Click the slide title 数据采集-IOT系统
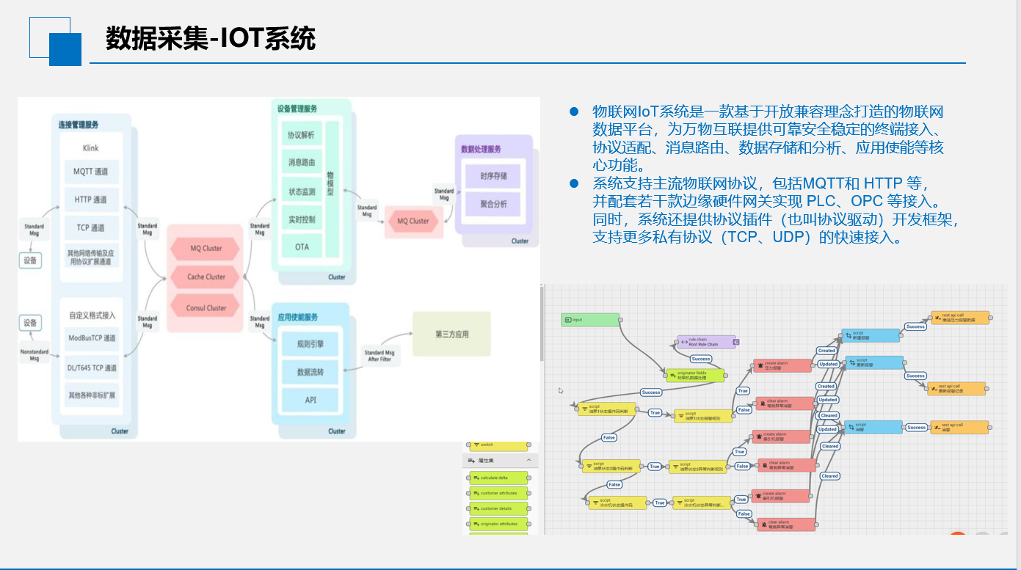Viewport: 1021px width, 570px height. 211,38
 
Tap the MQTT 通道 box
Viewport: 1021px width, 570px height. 91,172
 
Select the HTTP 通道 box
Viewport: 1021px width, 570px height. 91,200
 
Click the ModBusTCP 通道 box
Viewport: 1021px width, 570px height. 92,338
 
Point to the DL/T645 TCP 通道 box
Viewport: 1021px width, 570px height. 92,368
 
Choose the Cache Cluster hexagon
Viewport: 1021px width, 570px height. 206,277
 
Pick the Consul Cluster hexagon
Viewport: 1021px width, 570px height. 206,307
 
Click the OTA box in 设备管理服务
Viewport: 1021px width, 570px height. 302,246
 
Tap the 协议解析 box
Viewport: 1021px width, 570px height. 302,136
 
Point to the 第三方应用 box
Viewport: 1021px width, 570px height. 451,335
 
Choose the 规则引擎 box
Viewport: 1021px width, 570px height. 310,343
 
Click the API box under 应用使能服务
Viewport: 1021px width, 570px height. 310,400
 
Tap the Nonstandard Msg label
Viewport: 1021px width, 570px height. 34,355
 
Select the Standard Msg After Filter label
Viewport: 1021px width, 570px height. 379,356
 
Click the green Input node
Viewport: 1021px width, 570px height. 590,320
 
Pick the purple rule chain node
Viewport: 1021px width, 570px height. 706,342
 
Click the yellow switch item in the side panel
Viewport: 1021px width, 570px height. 499,445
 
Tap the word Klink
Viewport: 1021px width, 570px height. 91,148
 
